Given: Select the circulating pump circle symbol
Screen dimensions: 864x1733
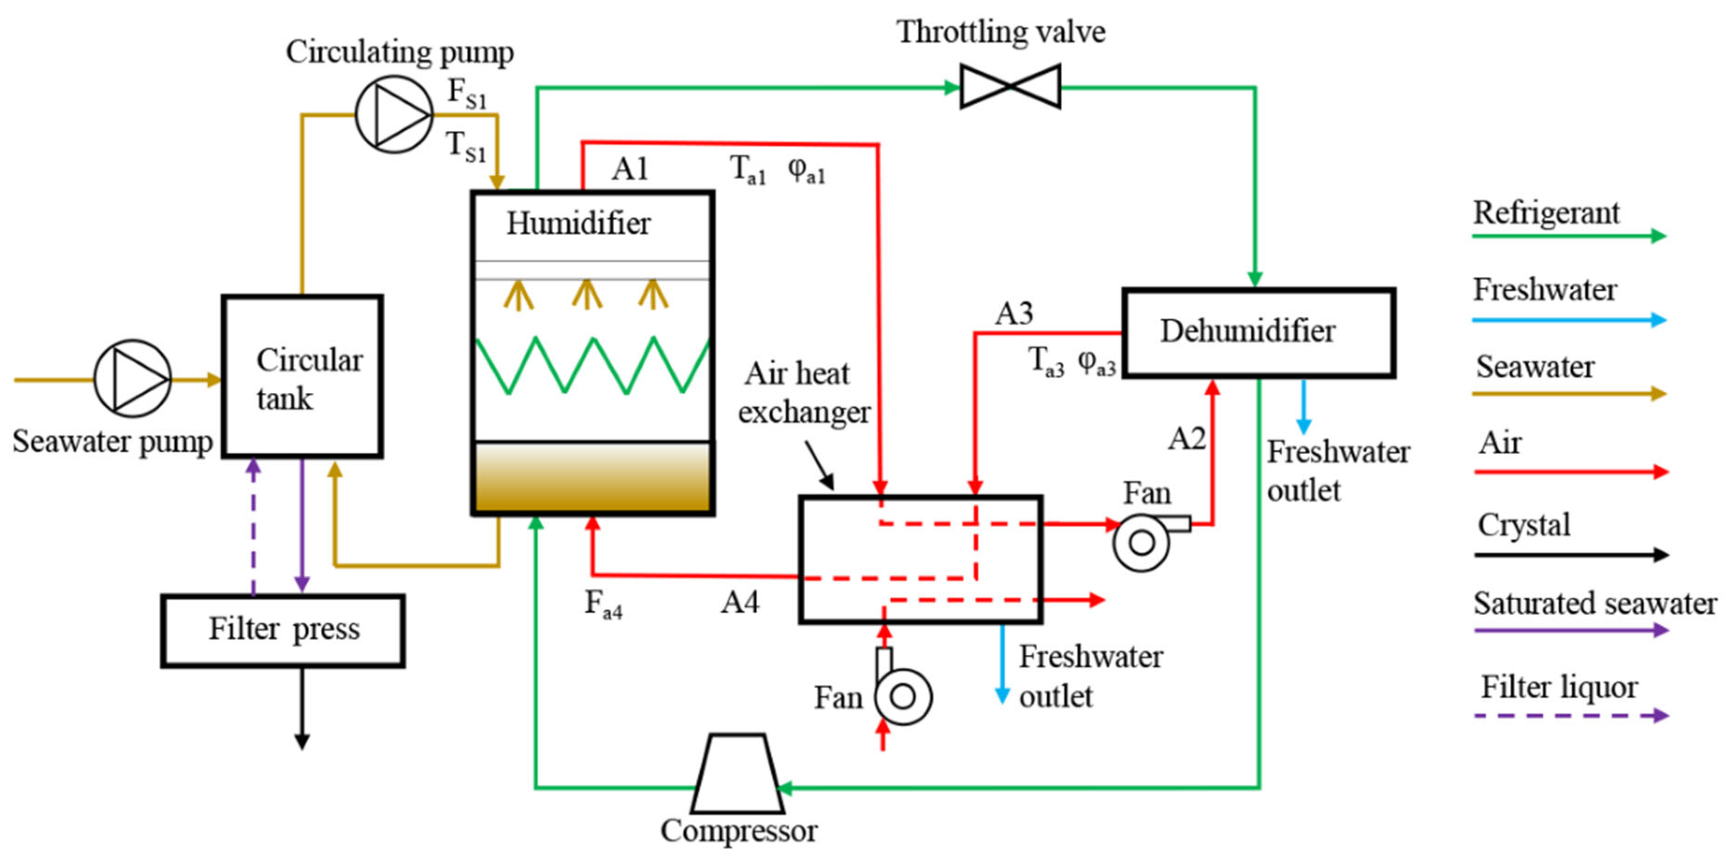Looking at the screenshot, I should (x=394, y=115).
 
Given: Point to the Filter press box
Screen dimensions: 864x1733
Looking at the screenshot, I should (x=283, y=630).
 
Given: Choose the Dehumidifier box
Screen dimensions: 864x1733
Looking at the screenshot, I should (x=1258, y=332).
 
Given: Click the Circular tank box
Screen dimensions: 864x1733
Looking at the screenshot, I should (x=303, y=377).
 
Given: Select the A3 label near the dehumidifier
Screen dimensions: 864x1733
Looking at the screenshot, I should (x=1013, y=314).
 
